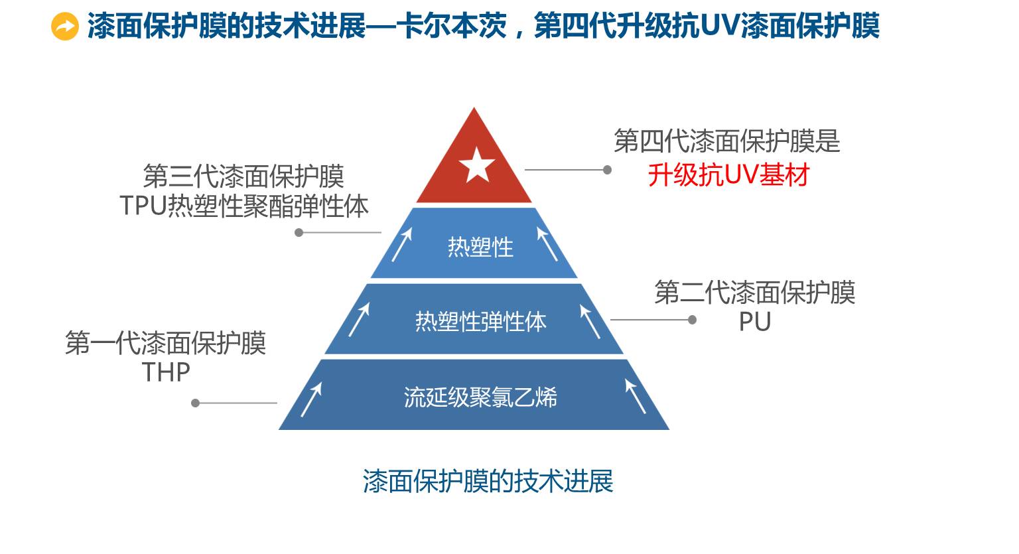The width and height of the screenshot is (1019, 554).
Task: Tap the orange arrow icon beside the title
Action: coord(65,27)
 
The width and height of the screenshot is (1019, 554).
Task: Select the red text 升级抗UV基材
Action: coord(728,176)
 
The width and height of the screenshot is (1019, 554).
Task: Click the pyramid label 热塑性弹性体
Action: coord(480,322)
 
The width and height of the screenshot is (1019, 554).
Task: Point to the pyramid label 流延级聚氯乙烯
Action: coord(480,397)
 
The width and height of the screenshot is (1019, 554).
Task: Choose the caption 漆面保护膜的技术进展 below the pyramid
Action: coord(488,481)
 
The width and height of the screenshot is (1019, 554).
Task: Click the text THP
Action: coord(166,372)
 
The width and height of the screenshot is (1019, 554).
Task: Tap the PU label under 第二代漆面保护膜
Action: coord(754,322)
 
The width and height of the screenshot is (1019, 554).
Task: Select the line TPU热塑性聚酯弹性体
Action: coord(244,206)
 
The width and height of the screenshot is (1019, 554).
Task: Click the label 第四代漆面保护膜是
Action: coord(726,141)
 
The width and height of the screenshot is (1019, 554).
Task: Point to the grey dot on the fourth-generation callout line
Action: coord(607,170)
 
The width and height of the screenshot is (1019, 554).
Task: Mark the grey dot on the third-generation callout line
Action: coord(299,233)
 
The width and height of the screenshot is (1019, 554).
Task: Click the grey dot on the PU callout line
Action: coord(692,320)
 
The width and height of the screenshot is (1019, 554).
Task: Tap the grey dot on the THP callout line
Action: coord(196,403)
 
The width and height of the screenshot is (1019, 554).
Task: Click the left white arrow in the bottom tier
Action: coord(311,399)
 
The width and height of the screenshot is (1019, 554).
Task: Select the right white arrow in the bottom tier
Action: coord(635,396)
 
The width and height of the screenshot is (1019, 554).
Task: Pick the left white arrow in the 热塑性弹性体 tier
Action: coord(359,320)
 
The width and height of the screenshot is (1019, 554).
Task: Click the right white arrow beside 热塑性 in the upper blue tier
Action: coord(547,244)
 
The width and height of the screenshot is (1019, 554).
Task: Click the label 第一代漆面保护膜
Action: coord(166,343)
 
